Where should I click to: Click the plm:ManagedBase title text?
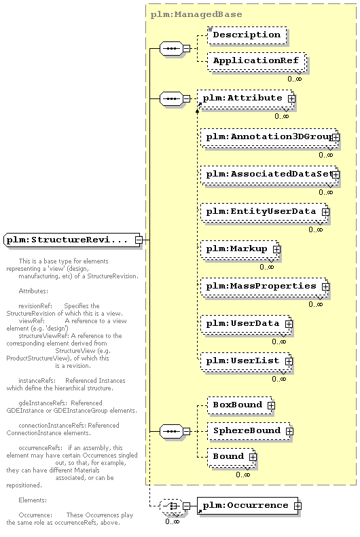point(196,14)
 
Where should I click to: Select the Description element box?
point(247,35)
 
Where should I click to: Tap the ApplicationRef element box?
point(256,61)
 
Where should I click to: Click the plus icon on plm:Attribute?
point(291,98)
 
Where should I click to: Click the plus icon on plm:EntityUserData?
point(325,212)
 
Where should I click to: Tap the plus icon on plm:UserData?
point(289,324)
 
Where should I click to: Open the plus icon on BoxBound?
point(271,405)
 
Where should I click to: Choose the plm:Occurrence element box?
point(247,506)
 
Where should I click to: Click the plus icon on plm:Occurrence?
point(298,506)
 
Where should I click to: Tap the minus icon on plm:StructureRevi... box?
point(139,240)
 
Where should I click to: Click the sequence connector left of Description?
point(172,49)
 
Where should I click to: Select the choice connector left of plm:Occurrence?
point(172,506)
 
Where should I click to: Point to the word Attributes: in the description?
point(33,291)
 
